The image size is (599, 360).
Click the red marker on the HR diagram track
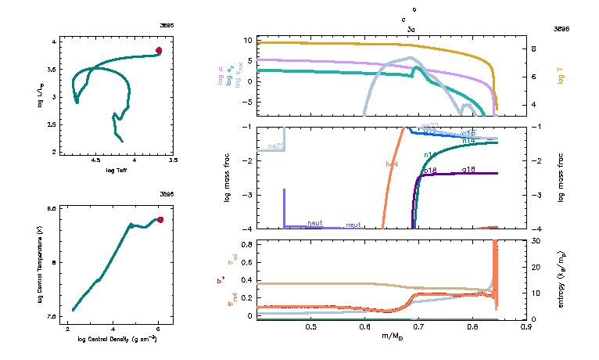click(x=159, y=50)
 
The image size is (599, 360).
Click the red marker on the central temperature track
click(x=160, y=220)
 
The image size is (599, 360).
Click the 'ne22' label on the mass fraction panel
click(x=274, y=146)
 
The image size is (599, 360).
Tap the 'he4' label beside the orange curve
click(x=392, y=164)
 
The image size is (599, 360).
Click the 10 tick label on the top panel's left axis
click(x=246, y=39)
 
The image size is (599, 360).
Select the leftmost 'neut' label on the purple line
click(x=314, y=224)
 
